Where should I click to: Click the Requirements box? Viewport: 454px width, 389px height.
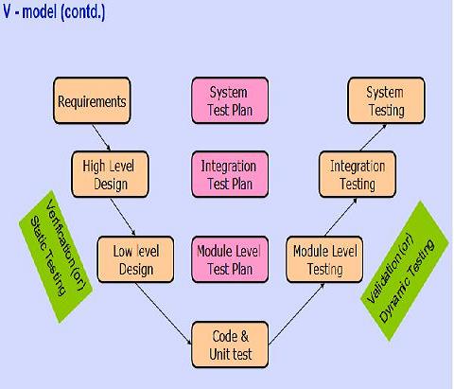click(92, 100)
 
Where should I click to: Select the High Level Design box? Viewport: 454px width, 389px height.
click(110, 174)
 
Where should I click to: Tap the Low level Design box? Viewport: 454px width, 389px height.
click(135, 259)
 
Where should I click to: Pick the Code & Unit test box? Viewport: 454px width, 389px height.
click(230, 345)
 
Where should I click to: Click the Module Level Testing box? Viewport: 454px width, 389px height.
click(324, 259)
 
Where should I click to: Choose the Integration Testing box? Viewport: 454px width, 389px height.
click(358, 174)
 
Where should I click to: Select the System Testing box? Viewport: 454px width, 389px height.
click(386, 100)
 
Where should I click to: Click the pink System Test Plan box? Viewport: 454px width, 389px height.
click(230, 100)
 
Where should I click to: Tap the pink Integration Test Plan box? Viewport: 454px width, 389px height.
click(230, 174)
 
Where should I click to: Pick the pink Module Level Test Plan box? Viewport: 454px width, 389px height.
click(230, 259)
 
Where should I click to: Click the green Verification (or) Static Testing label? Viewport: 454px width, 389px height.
click(56, 256)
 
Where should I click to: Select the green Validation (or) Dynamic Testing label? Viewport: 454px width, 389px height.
click(405, 272)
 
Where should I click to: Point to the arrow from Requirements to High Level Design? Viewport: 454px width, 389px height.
click(101, 137)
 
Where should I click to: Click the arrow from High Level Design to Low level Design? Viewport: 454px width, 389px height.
click(123, 217)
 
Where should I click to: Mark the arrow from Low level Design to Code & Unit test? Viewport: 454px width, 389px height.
click(164, 313)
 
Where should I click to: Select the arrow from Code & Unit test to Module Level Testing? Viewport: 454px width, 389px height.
click(297, 313)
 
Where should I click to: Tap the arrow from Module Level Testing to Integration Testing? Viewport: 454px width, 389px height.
click(340, 217)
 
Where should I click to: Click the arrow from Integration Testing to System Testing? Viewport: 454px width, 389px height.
click(373, 137)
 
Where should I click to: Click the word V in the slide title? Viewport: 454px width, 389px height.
click(7, 11)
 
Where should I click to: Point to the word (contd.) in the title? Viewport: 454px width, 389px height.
click(83, 12)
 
